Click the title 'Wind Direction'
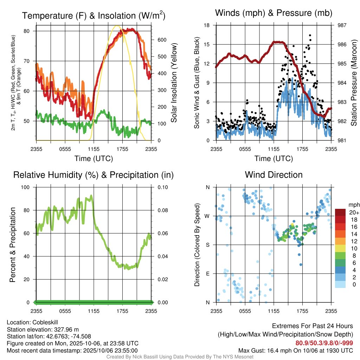(274, 175)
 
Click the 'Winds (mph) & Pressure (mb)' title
(274, 13)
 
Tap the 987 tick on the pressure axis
(342, 25)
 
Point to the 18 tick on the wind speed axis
(207, 25)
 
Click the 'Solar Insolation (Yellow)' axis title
(174, 83)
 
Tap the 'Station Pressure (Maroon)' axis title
(354, 83)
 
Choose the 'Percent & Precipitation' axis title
(12, 245)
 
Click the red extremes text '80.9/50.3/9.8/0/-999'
(324, 343)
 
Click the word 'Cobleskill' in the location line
(45, 322)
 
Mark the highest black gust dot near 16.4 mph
(310, 35)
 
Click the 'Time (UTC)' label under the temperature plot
(94, 159)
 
